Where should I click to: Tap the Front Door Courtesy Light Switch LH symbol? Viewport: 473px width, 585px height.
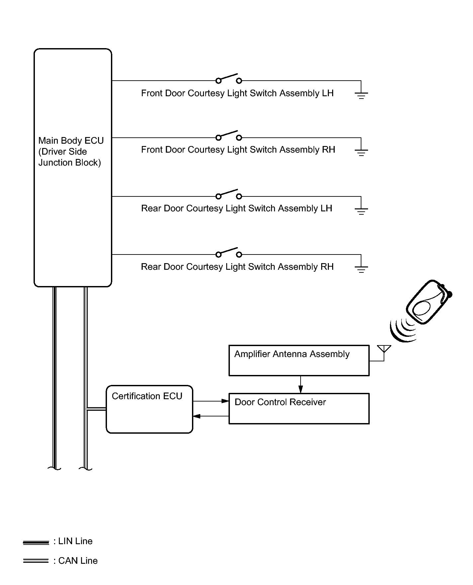point(229,79)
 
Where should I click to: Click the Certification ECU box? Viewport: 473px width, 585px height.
point(149,409)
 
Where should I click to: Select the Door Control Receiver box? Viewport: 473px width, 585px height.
point(299,408)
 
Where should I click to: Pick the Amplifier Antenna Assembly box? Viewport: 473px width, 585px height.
point(299,360)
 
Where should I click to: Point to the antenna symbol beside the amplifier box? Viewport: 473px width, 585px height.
point(384,350)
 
